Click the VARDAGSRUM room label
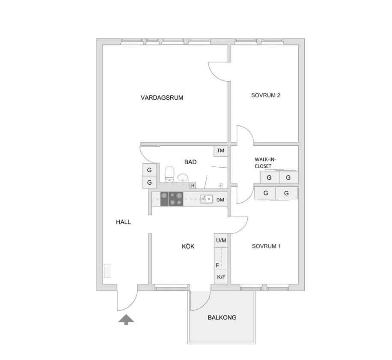tap(162, 97)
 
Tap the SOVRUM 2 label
tap(265, 95)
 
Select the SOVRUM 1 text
tap(266, 246)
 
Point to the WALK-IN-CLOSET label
tap(265, 162)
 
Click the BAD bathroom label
tap(190, 162)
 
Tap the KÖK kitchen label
tap(188, 247)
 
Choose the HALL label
tap(123, 222)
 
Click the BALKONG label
tap(222, 318)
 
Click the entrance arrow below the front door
tap(126, 319)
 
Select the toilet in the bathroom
tap(169, 174)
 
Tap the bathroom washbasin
tap(183, 178)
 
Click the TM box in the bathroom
tap(220, 151)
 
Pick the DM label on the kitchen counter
tap(220, 200)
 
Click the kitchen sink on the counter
tap(207, 199)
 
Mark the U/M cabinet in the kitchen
tap(221, 241)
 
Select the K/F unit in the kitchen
tap(221, 277)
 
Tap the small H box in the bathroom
tap(193, 186)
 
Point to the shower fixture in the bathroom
tap(221, 186)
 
